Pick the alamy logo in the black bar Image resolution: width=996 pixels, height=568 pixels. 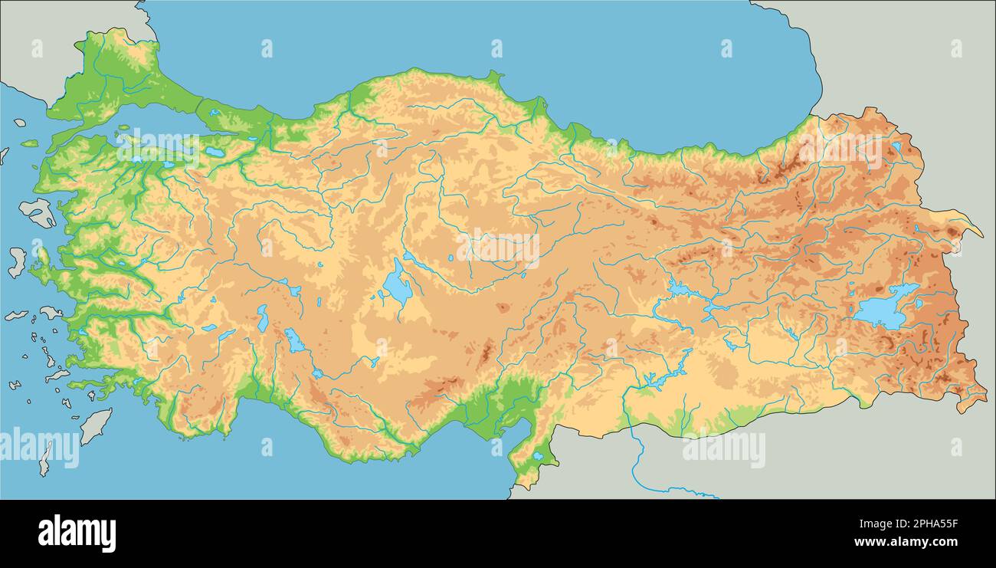(77, 534)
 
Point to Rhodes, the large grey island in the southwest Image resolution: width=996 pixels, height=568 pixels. (96, 426)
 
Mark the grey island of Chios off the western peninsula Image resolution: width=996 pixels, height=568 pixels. (17, 261)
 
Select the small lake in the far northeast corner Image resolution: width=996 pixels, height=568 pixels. (896, 146)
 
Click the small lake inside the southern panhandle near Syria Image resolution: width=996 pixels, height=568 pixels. (538, 456)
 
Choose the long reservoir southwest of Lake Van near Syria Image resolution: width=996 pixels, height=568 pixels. (656, 378)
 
